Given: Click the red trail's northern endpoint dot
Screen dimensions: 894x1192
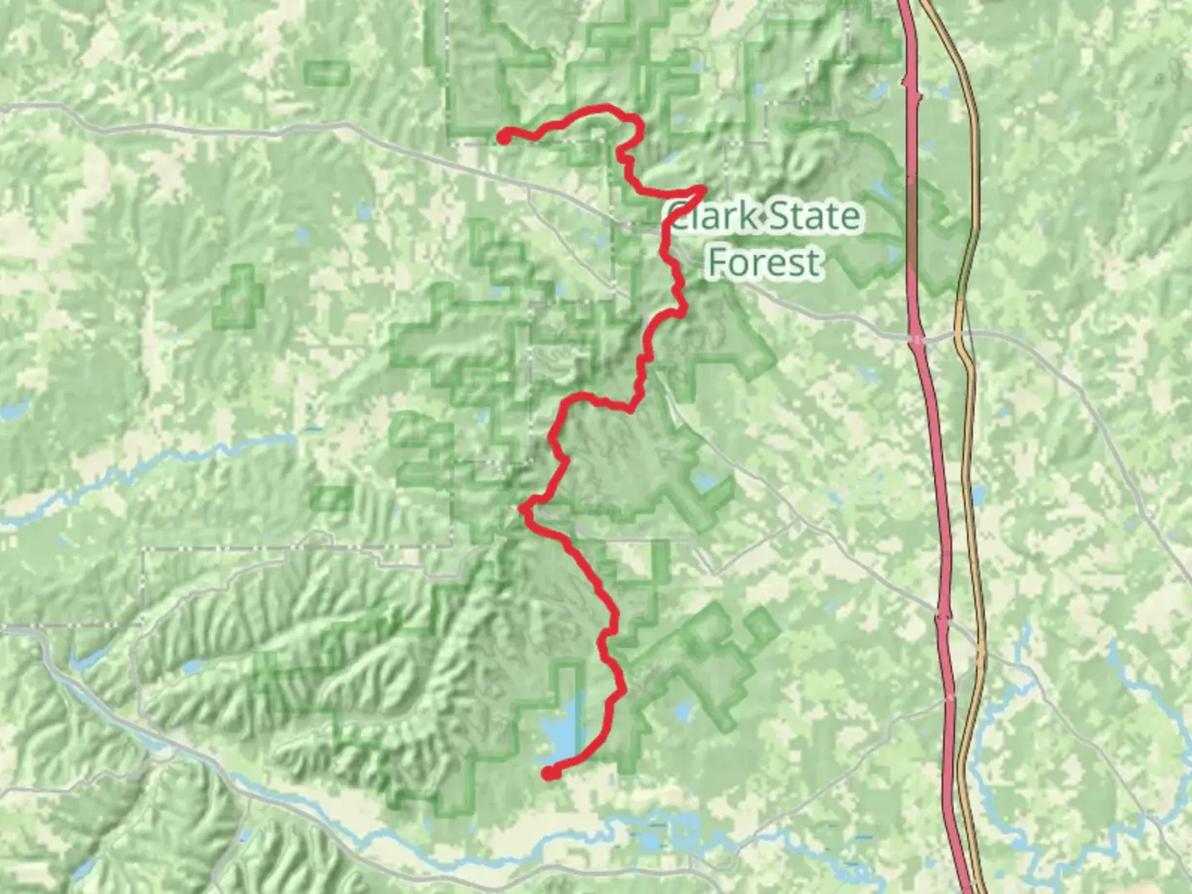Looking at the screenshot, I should (503, 137).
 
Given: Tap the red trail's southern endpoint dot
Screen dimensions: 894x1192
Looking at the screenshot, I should (549, 773).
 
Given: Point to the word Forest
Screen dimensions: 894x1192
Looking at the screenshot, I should (764, 262).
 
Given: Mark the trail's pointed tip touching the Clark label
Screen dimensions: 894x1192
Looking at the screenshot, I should (704, 190).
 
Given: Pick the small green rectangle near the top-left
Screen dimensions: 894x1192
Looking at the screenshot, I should (327, 74).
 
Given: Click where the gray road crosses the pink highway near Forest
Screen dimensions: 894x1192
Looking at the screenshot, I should (916, 337).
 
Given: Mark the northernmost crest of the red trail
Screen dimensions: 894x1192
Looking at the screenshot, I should (606, 108).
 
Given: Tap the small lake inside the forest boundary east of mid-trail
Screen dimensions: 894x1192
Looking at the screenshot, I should (705, 481).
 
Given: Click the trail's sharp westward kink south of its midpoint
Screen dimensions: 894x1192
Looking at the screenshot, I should (523, 509).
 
